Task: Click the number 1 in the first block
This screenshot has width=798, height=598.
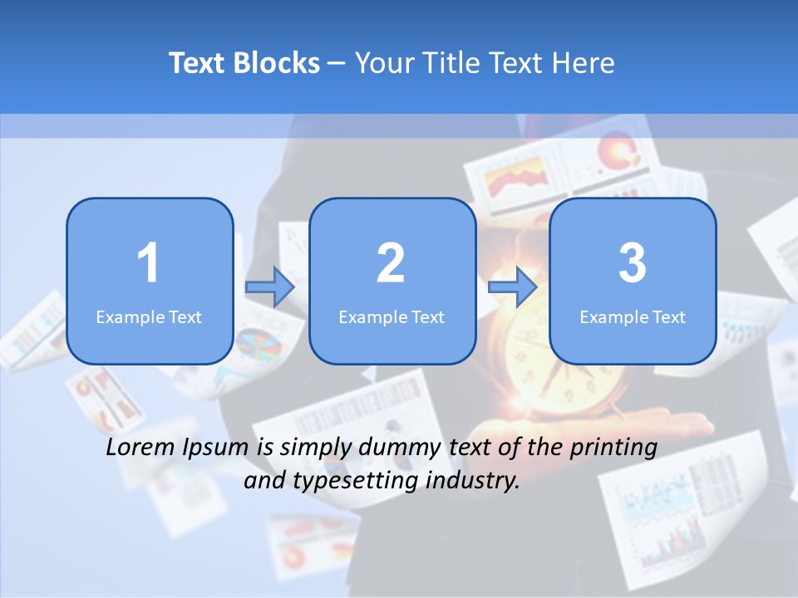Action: pyautogui.click(x=149, y=263)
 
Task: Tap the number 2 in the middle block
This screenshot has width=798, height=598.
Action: pyautogui.click(x=391, y=263)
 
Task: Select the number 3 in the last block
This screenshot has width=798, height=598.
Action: pyautogui.click(x=633, y=263)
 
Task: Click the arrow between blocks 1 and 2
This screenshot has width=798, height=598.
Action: pyautogui.click(x=270, y=287)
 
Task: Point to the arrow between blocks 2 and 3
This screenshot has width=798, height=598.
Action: pyautogui.click(x=513, y=287)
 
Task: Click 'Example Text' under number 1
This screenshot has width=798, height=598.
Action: pyautogui.click(x=149, y=317)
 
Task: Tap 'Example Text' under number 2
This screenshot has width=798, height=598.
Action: pyautogui.click(x=392, y=317)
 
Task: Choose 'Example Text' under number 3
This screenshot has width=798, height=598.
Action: pyautogui.click(x=633, y=317)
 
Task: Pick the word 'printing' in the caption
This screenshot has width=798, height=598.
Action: pyautogui.click(x=613, y=448)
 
